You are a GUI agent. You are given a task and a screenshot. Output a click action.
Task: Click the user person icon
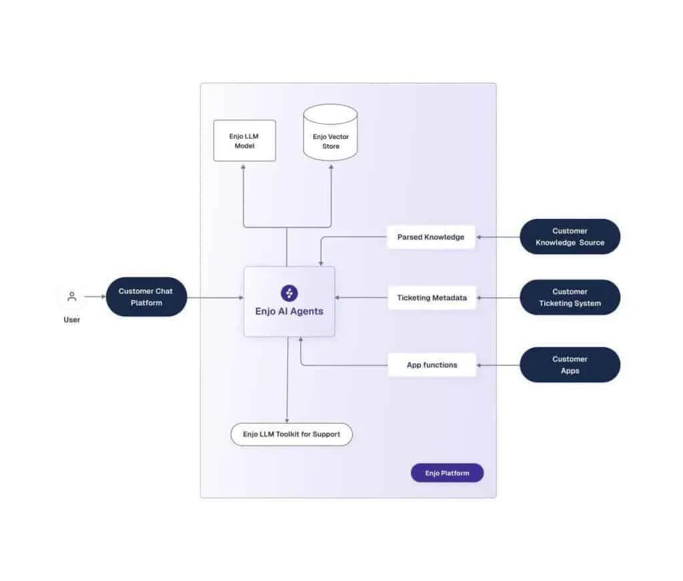tap(72, 297)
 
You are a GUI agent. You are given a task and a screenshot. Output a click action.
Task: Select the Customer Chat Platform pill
tap(146, 297)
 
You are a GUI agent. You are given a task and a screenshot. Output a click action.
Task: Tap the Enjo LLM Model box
tap(244, 141)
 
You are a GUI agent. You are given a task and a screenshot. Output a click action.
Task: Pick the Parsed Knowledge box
tap(431, 237)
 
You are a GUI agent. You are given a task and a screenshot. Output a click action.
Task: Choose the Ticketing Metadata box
tap(432, 297)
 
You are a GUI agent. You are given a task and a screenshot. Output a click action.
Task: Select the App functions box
tap(432, 365)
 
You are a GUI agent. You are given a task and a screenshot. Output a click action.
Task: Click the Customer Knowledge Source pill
tap(570, 237)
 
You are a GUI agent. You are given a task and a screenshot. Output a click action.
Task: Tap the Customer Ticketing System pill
tap(570, 297)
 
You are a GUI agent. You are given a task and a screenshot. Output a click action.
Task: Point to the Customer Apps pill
tap(570, 365)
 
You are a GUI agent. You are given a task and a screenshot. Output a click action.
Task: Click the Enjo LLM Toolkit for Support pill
tap(291, 434)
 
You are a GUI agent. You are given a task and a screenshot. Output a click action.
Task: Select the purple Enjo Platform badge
tap(447, 473)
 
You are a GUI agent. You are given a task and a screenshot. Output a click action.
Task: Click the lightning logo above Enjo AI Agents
tap(289, 293)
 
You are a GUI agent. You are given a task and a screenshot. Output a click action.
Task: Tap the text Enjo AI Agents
tap(289, 311)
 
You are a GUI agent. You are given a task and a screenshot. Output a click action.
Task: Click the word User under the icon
tap(72, 320)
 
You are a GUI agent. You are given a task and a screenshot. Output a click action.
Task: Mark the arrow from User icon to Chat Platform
tap(94, 297)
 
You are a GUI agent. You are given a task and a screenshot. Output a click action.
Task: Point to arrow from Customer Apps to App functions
tap(498, 365)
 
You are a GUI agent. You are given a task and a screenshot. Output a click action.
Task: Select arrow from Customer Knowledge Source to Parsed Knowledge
tap(498, 237)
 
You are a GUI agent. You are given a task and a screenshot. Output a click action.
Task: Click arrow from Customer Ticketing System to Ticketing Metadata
tap(498, 297)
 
